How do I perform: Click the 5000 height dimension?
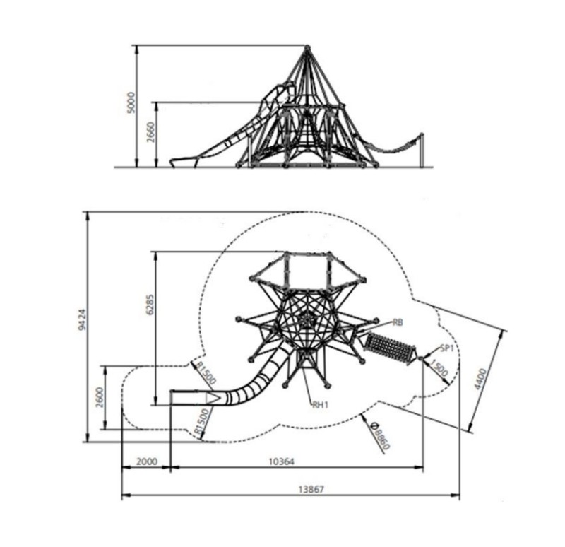click(132, 102)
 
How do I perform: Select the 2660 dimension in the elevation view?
click(151, 132)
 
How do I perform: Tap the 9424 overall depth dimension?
click(82, 319)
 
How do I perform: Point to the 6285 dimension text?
click(150, 305)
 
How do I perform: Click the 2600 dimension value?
click(100, 397)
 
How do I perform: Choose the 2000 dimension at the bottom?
click(147, 461)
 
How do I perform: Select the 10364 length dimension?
click(281, 461)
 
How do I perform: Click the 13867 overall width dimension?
click(311, 489)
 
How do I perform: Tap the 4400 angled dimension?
click(480, 379)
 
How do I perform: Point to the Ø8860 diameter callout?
click(380, 436)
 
